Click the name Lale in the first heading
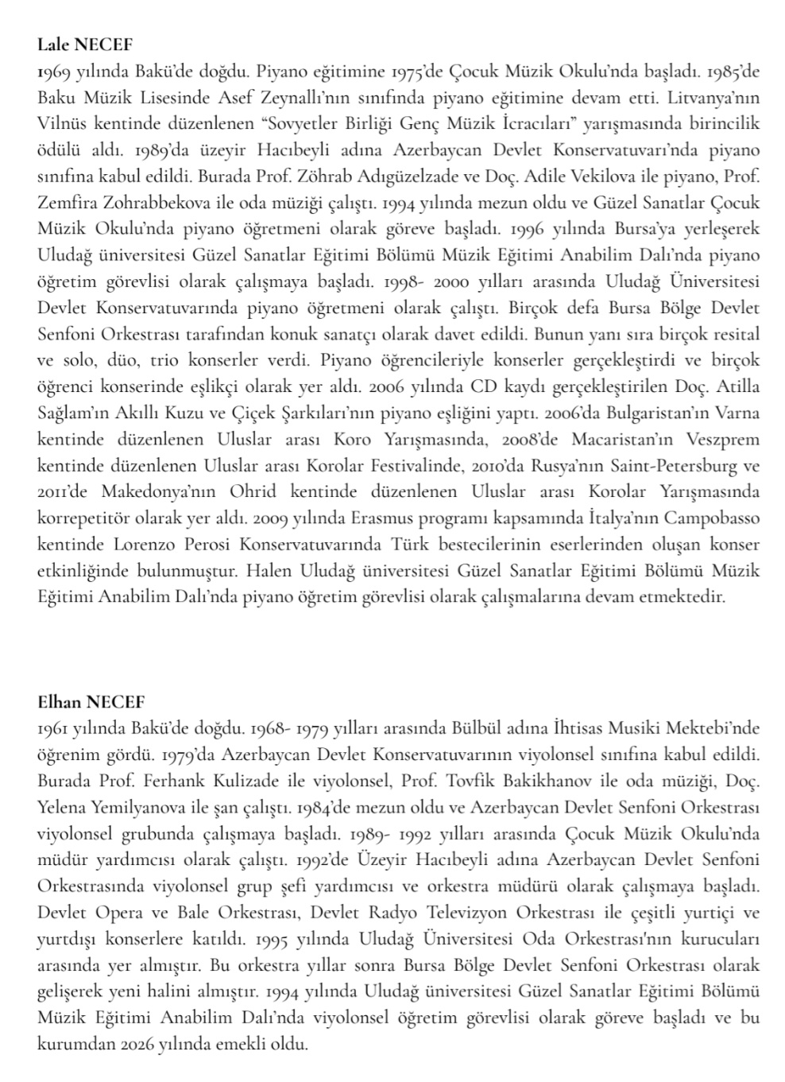51,45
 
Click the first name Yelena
63,807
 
